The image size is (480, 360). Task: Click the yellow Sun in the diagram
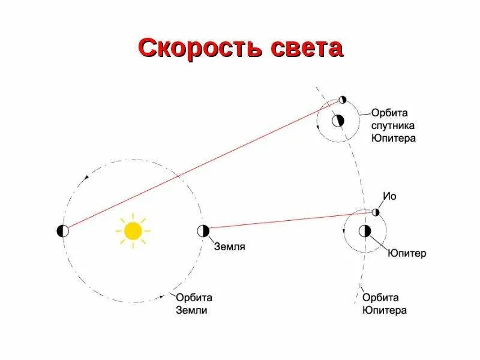(133, 230)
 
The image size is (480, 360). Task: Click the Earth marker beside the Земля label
(202, 230)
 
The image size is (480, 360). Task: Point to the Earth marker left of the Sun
(62, 230)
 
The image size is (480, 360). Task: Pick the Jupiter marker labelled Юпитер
(364, 231)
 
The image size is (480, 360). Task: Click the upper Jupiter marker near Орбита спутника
(339, 120)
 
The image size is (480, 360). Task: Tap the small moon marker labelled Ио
(376, 212)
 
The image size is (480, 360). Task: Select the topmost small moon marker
(343, 99)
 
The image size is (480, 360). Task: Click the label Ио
(389, 196)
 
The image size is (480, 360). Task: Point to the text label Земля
(229, 247)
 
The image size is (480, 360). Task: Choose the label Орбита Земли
(194, 304)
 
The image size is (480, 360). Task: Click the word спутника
(393, 125)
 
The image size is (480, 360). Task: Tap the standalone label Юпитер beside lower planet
(407, 253)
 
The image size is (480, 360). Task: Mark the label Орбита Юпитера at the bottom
(385, 304)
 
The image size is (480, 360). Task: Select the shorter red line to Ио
(288, 221)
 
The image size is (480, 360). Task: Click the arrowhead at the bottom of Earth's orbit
(162, 296)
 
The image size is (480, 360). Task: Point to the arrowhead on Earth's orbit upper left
(86, 178)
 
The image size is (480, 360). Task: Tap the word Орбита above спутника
(389, 113)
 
